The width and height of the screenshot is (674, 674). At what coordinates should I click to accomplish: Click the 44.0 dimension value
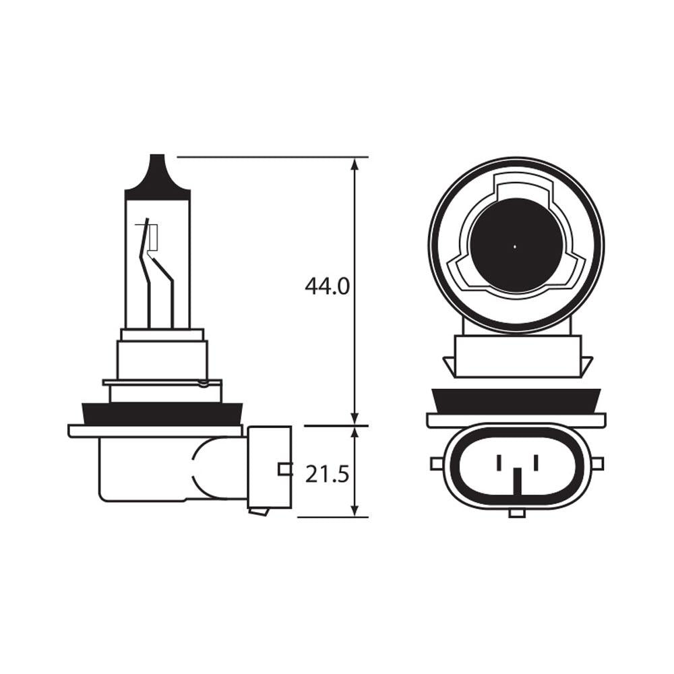tap(327, 286)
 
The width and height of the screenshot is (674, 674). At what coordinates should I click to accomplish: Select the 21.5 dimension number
tap(327, 474)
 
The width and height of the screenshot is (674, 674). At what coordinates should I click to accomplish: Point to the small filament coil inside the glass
tap(152, 237)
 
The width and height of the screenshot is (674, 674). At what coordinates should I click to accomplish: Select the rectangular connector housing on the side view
tap(270, 466)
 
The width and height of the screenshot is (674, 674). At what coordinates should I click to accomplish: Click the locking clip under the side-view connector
tap(259, 512)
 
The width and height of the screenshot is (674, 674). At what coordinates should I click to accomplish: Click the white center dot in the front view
tap(515, 247)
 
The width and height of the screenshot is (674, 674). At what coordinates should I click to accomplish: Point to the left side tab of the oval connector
tap(436, 464)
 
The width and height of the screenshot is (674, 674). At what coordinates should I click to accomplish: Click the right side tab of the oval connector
tap(596, 464)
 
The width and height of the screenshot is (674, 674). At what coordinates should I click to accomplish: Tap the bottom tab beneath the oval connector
tap(516, 514)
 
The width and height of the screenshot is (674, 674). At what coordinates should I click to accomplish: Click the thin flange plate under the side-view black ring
tap(155, 431)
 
